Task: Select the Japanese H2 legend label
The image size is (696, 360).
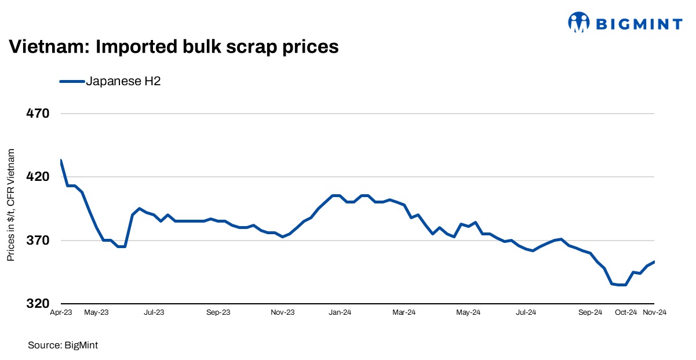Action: point(123,82)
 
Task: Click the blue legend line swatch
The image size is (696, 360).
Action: point(72,82)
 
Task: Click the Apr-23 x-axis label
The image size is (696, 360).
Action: point(61,312)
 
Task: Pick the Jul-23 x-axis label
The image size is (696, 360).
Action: point(154,312)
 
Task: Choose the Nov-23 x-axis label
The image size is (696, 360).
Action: point(283,312)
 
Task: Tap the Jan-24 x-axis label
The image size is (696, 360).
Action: point(340,312)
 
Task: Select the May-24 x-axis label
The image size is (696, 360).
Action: point(468,312)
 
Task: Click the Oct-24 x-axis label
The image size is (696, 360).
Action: point(626,312)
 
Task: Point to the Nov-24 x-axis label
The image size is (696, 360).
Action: point(655,312)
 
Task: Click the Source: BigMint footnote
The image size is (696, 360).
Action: point(63,346)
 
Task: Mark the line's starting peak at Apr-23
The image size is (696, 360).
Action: point(60,161)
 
